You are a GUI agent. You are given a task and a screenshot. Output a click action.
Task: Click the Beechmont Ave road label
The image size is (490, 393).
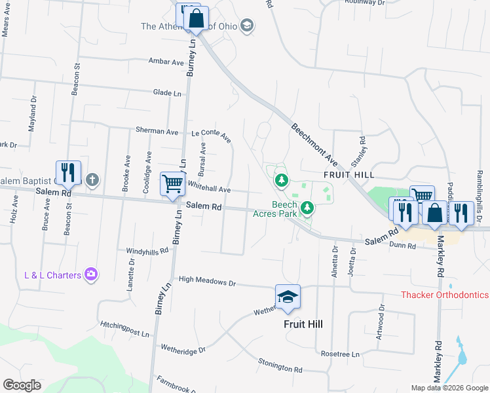coord(314,145)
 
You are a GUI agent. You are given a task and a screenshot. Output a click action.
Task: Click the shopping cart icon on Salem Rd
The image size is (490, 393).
coord(172,183)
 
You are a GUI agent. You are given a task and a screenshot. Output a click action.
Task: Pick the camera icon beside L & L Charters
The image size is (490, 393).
coord(91,274)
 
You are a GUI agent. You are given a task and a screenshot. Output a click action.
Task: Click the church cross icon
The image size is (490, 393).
coord(93,179)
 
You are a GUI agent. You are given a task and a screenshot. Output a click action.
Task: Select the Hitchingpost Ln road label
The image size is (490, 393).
coord(125,329)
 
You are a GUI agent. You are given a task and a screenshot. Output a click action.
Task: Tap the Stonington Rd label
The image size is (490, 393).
coord(280,365)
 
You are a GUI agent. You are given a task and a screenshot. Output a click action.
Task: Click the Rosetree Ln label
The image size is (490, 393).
coord(341,354)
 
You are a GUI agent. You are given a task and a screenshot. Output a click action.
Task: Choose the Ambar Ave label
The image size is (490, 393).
coord(166,62)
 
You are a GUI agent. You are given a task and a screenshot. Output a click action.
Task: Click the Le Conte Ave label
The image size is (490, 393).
coord(212,136)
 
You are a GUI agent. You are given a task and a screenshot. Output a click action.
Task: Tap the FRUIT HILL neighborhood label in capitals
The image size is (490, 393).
coord(349,176)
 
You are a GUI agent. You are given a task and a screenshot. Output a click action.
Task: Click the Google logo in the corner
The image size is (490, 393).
coord(22,385)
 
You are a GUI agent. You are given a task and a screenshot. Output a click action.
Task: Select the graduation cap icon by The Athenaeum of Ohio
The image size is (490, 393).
coord(247,26)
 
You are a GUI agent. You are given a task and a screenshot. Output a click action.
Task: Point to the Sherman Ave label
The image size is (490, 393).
coord(157,131)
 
